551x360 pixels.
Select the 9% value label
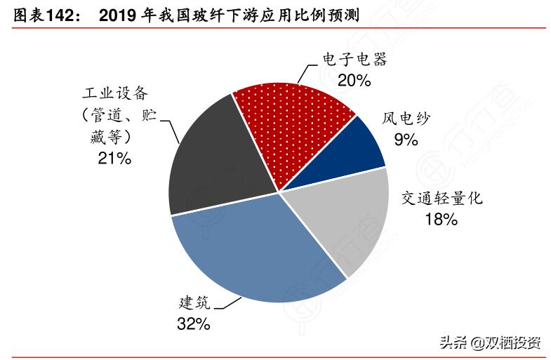(406, 139)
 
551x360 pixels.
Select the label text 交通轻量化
(442, 199)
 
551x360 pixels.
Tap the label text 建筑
(193, 303)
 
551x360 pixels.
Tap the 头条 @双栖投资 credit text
(490, 342)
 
